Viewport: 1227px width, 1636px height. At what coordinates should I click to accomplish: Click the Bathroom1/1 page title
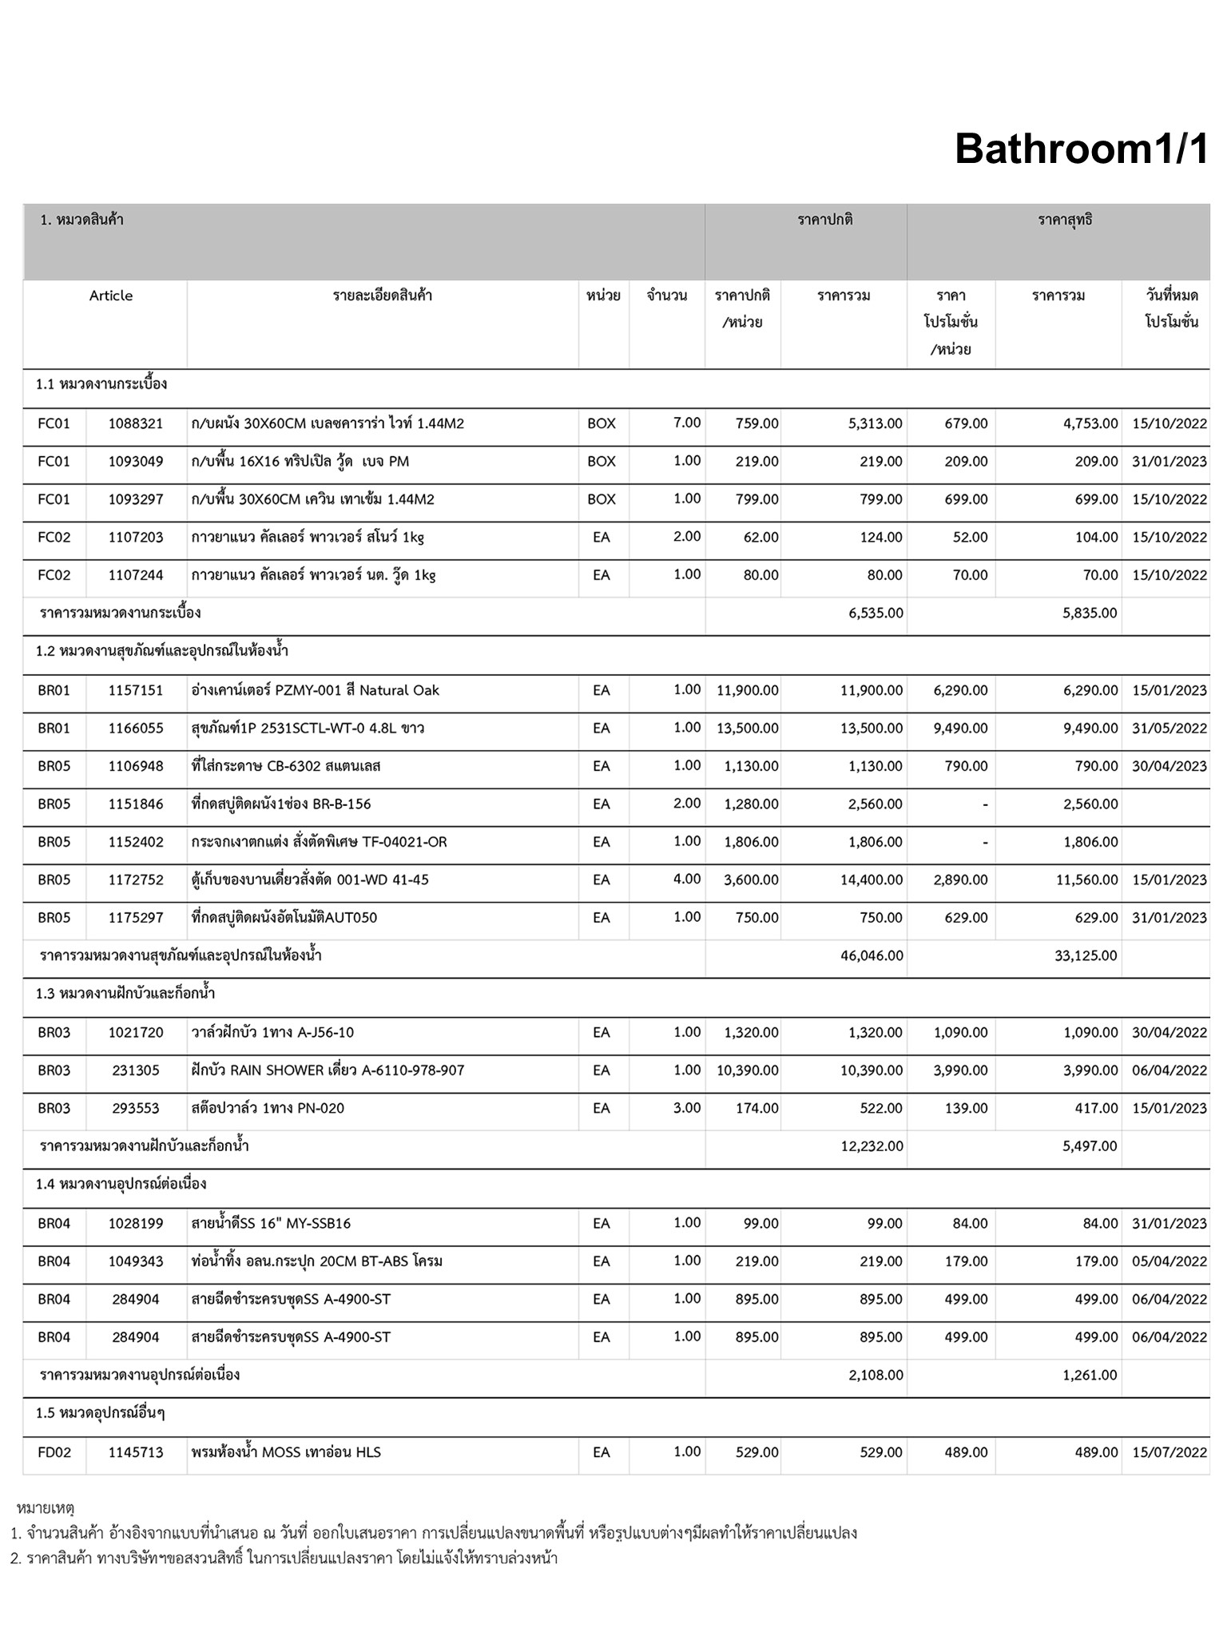(x=1081, y=149)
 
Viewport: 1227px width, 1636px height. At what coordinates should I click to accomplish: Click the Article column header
(x=111, y=296)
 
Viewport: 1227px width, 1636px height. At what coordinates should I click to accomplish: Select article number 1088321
(x=136, y=423)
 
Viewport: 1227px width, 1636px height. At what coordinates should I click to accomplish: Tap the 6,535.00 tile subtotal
(x=876, y=613)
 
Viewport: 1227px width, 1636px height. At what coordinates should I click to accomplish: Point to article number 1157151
(x=136, y=690)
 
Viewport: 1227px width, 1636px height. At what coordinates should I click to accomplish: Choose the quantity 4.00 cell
(x=686, y=879)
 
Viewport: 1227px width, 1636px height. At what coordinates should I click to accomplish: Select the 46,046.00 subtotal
(x=872, y=955)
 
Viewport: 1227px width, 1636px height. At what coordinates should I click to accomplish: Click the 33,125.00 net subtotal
(x=1086, y=955)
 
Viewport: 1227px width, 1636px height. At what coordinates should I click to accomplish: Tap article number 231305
(x=136, y=1070)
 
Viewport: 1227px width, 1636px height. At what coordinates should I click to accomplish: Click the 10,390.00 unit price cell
(x=748, y=1070)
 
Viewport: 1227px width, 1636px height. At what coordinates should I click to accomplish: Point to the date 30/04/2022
(x=1169, y=1032)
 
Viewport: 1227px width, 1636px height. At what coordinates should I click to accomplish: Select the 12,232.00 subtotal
(x=872, y=1146)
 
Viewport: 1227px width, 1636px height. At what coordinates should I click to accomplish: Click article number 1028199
(x=136, y=1223)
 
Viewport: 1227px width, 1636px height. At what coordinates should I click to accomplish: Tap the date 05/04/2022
(x=1169, y=1261)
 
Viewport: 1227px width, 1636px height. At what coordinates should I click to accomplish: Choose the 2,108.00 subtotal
(x=876, y=1375)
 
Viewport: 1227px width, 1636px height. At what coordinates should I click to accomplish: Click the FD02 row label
(x=54, y=1452)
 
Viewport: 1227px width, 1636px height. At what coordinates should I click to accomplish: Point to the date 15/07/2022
(x=1169, y=1452)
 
